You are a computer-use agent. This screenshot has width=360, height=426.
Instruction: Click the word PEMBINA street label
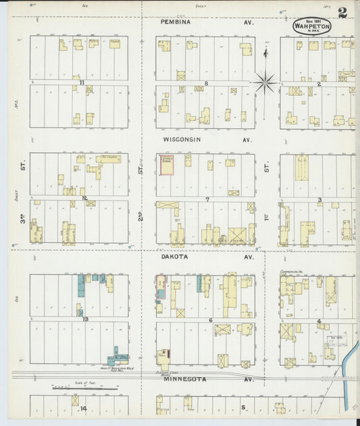coord(176,22)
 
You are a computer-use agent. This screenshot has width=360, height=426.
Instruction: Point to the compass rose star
coord(266,83)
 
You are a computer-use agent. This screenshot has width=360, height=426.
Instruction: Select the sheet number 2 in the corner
coord(343,12)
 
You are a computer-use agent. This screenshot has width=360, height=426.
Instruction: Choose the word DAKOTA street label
coord(176,257)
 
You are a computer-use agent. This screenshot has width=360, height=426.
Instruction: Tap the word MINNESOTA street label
coord(182,379)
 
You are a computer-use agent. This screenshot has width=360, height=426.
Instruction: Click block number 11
coord(82,82)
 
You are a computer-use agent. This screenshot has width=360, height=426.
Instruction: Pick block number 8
coord(206,83)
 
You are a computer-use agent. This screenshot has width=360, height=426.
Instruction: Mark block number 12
coord(84,198)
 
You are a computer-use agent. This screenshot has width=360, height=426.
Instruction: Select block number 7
coord(208,199)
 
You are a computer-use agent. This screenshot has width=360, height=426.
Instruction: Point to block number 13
coord(86,318)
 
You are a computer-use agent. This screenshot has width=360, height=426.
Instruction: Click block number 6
coord(211,319)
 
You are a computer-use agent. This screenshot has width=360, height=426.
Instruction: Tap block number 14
coord(84,408)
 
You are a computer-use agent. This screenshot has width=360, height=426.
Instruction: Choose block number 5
coord(243,407)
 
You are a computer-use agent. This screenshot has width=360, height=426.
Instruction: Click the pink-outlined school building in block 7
coord(165,164)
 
